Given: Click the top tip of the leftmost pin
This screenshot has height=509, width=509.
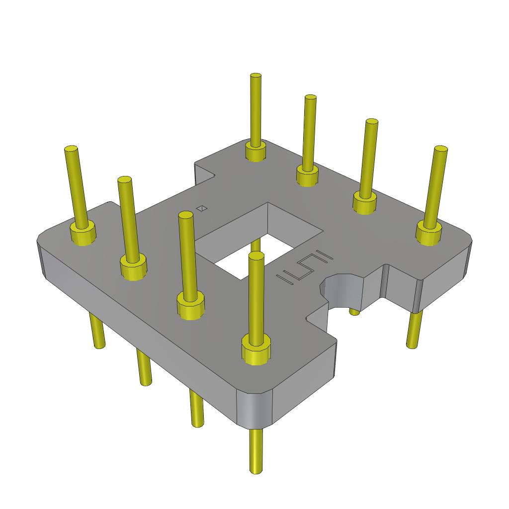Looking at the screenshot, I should pyautogui.click(x=71, y=149).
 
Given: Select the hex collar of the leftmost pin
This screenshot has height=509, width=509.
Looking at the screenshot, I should pyautogui.click(x=83, y=234).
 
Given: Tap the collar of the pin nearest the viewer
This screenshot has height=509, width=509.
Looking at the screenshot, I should pyautogui.click(x=256, y=349).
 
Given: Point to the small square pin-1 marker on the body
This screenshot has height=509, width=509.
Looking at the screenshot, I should pyautogui.click(x=202, y=208).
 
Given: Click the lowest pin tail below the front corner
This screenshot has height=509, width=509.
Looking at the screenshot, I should pyautogui.click(x=255, y=452).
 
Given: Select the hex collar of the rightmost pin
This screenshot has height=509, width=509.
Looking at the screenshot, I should pyautogui.click(x=428, y=232).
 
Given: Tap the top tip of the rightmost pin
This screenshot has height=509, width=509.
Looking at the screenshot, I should pyautogui.click(x=441, y=149).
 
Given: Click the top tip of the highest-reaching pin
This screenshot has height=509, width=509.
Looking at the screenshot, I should pyautogui.click(x=256, y=76).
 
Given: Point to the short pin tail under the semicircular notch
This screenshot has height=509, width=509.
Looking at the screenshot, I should pyautogui.click(x=354, y=312).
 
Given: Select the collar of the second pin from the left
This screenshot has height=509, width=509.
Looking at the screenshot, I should pyautogui.click(x=133, y=267).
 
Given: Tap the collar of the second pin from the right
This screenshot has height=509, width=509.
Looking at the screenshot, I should pyautogui.click(x=365, y=202).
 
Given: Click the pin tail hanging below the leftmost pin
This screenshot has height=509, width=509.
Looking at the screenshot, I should pyautogui.click(x=97, y=331).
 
